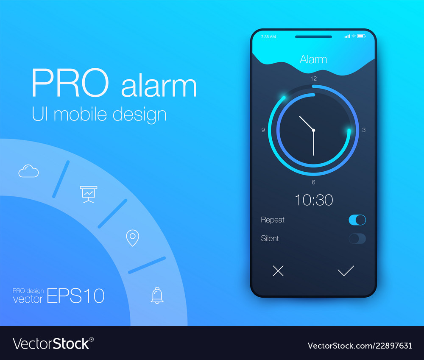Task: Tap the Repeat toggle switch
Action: pyautogui.click(x=357, y=220)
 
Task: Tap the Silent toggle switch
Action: pyautogui.click(x=357, y=239)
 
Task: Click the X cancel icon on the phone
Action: pyautogui.click(x=278, y=271)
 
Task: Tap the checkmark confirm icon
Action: pyautogui.click(x=346, y=271)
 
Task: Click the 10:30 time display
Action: pyautogui.click(x=314, y=200)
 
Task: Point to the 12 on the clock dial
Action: pyautogui.click(x=313, y=79)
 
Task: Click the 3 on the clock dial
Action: pyautogui.click(x=364, y=130)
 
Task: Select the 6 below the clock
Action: pyautogui.click(x=313, y=182)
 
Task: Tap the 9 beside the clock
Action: pyautogui.click(x=263, y=130)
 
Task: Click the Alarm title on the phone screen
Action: pyautogui.click(x=313, y=59)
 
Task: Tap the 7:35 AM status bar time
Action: pyautogui.click(x=268, y=37)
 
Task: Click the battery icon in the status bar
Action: pyautogui.click(x=361, y=36)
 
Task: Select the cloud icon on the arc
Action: pyautogui.click(x=28, y=171)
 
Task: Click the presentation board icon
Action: pyautogui.click(x=89, y=194)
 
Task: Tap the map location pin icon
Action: pyautogui.click(x=132, y=238)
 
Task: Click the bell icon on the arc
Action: pyautogui.click(x=157, y=296)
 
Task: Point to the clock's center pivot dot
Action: pyautogui.click(x=313, y=130)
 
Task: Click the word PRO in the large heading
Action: pyautogui.click(x=70, y=83)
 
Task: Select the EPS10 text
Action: pyautogui.click(x=76, y=296)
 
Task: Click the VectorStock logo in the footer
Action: pyautogui.click(x=53, y=344)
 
